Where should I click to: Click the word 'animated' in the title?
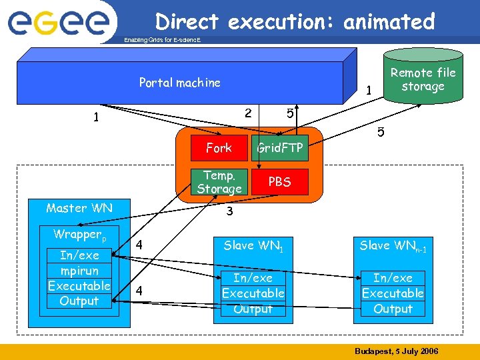pyautogui.click(x=389, y=21)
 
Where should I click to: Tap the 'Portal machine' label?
pyautogui.click(x=179, y=83)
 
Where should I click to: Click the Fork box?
pyautogui.click(x=219, y=147)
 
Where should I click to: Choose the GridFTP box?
pyautogui.click(x=280, y=147)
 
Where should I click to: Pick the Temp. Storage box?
pyautogui.click(x=219, y=181)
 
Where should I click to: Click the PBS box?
pyautogui.click(x=280, y=181)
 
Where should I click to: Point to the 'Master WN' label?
pyautogui.click(x=79, y=208)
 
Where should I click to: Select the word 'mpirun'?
pyautogui.click(x=79, y=271)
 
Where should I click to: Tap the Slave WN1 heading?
pyautogui.click(x=253, y=246)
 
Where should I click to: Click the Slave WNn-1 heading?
pyautogui.click(x=393, y=246)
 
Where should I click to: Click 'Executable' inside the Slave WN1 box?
pyautogui.click(x=253, y=293)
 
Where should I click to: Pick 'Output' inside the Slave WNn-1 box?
pyautogui.click(x=393, y=309)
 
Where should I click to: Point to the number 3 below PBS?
pyautogui.click(x=229, y=212)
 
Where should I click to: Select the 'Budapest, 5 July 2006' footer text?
pyautogui.click(x=396, y=351)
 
